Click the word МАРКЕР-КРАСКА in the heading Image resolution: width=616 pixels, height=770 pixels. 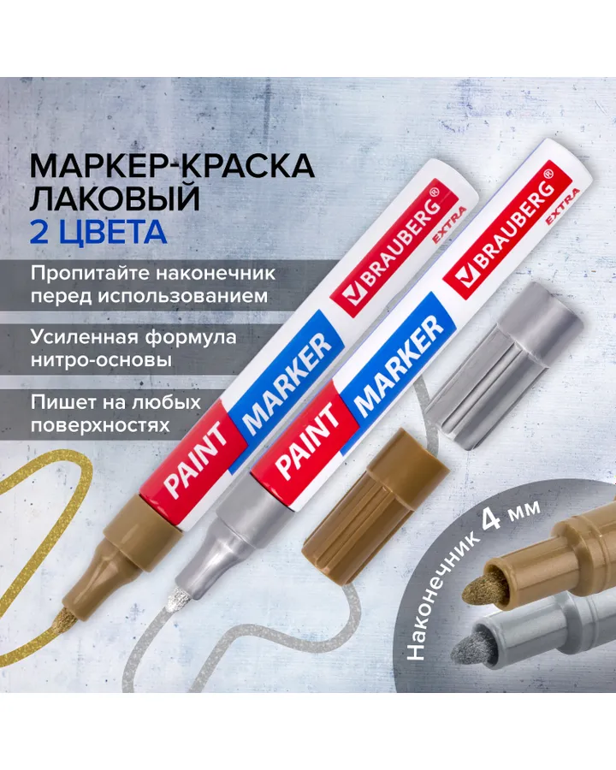173,167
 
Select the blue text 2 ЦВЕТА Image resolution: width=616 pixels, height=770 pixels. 98,232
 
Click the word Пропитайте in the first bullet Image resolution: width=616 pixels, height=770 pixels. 89,274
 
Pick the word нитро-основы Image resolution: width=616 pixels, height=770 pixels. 101,360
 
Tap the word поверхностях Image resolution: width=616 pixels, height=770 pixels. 100,425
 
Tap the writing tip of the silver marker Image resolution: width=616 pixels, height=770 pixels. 174,600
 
